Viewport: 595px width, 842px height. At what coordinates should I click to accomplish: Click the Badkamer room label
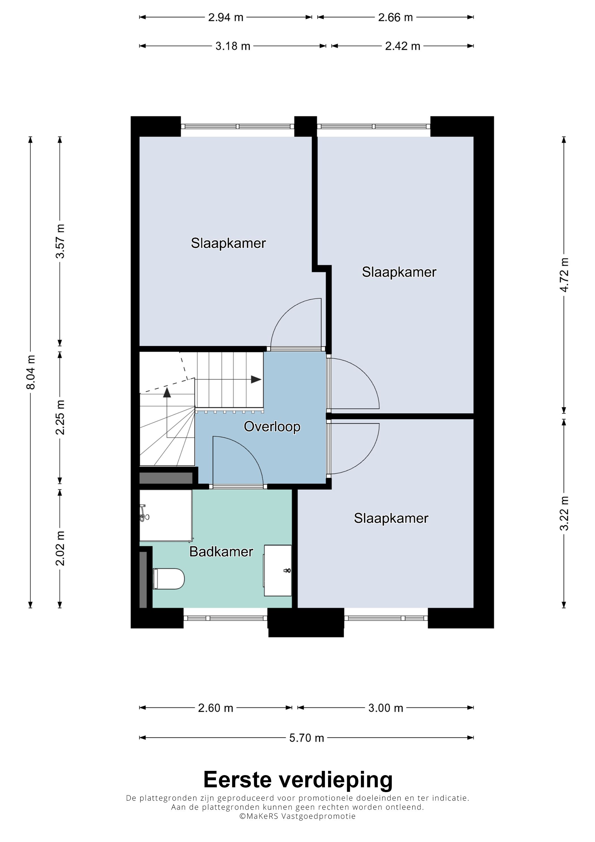point(221,552)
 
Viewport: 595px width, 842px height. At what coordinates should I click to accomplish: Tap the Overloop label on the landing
point(272,427)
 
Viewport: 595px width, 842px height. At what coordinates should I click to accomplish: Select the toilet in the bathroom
point(169,579)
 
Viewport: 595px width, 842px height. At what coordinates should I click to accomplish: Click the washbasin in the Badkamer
point(278,570)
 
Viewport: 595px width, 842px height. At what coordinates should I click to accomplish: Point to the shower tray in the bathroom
point(166,515)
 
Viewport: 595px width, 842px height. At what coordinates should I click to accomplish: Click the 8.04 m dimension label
point(31,372)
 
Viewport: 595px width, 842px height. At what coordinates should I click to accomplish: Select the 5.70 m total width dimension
point(307,737)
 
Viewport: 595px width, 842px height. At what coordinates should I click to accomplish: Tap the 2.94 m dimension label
point(226,17)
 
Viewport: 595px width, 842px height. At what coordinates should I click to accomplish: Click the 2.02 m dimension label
point(60,548)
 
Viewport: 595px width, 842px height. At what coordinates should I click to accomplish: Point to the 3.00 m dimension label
point(385,708)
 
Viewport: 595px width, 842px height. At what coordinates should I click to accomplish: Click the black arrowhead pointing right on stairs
point(256,379)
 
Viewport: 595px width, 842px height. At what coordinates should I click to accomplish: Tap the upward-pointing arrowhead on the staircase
point(167,393)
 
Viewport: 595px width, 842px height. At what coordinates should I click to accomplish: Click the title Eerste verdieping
point(298,780)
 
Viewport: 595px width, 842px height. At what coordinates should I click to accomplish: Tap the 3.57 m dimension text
point(60,241)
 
